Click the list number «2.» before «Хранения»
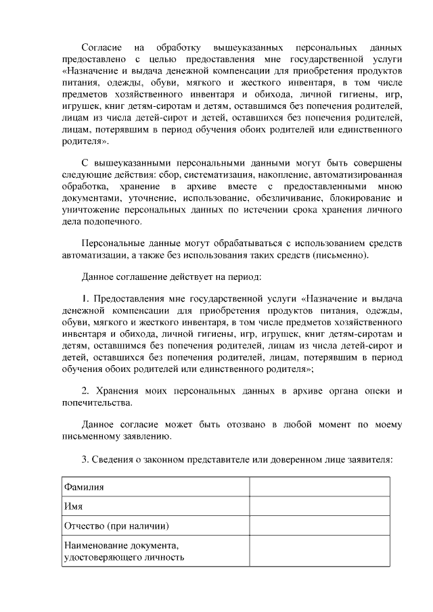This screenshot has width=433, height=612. (85, 392)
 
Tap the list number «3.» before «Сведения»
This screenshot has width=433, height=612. (85, 458)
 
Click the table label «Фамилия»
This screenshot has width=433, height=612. (84, 487)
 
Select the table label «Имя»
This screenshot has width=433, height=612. (74, 506)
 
